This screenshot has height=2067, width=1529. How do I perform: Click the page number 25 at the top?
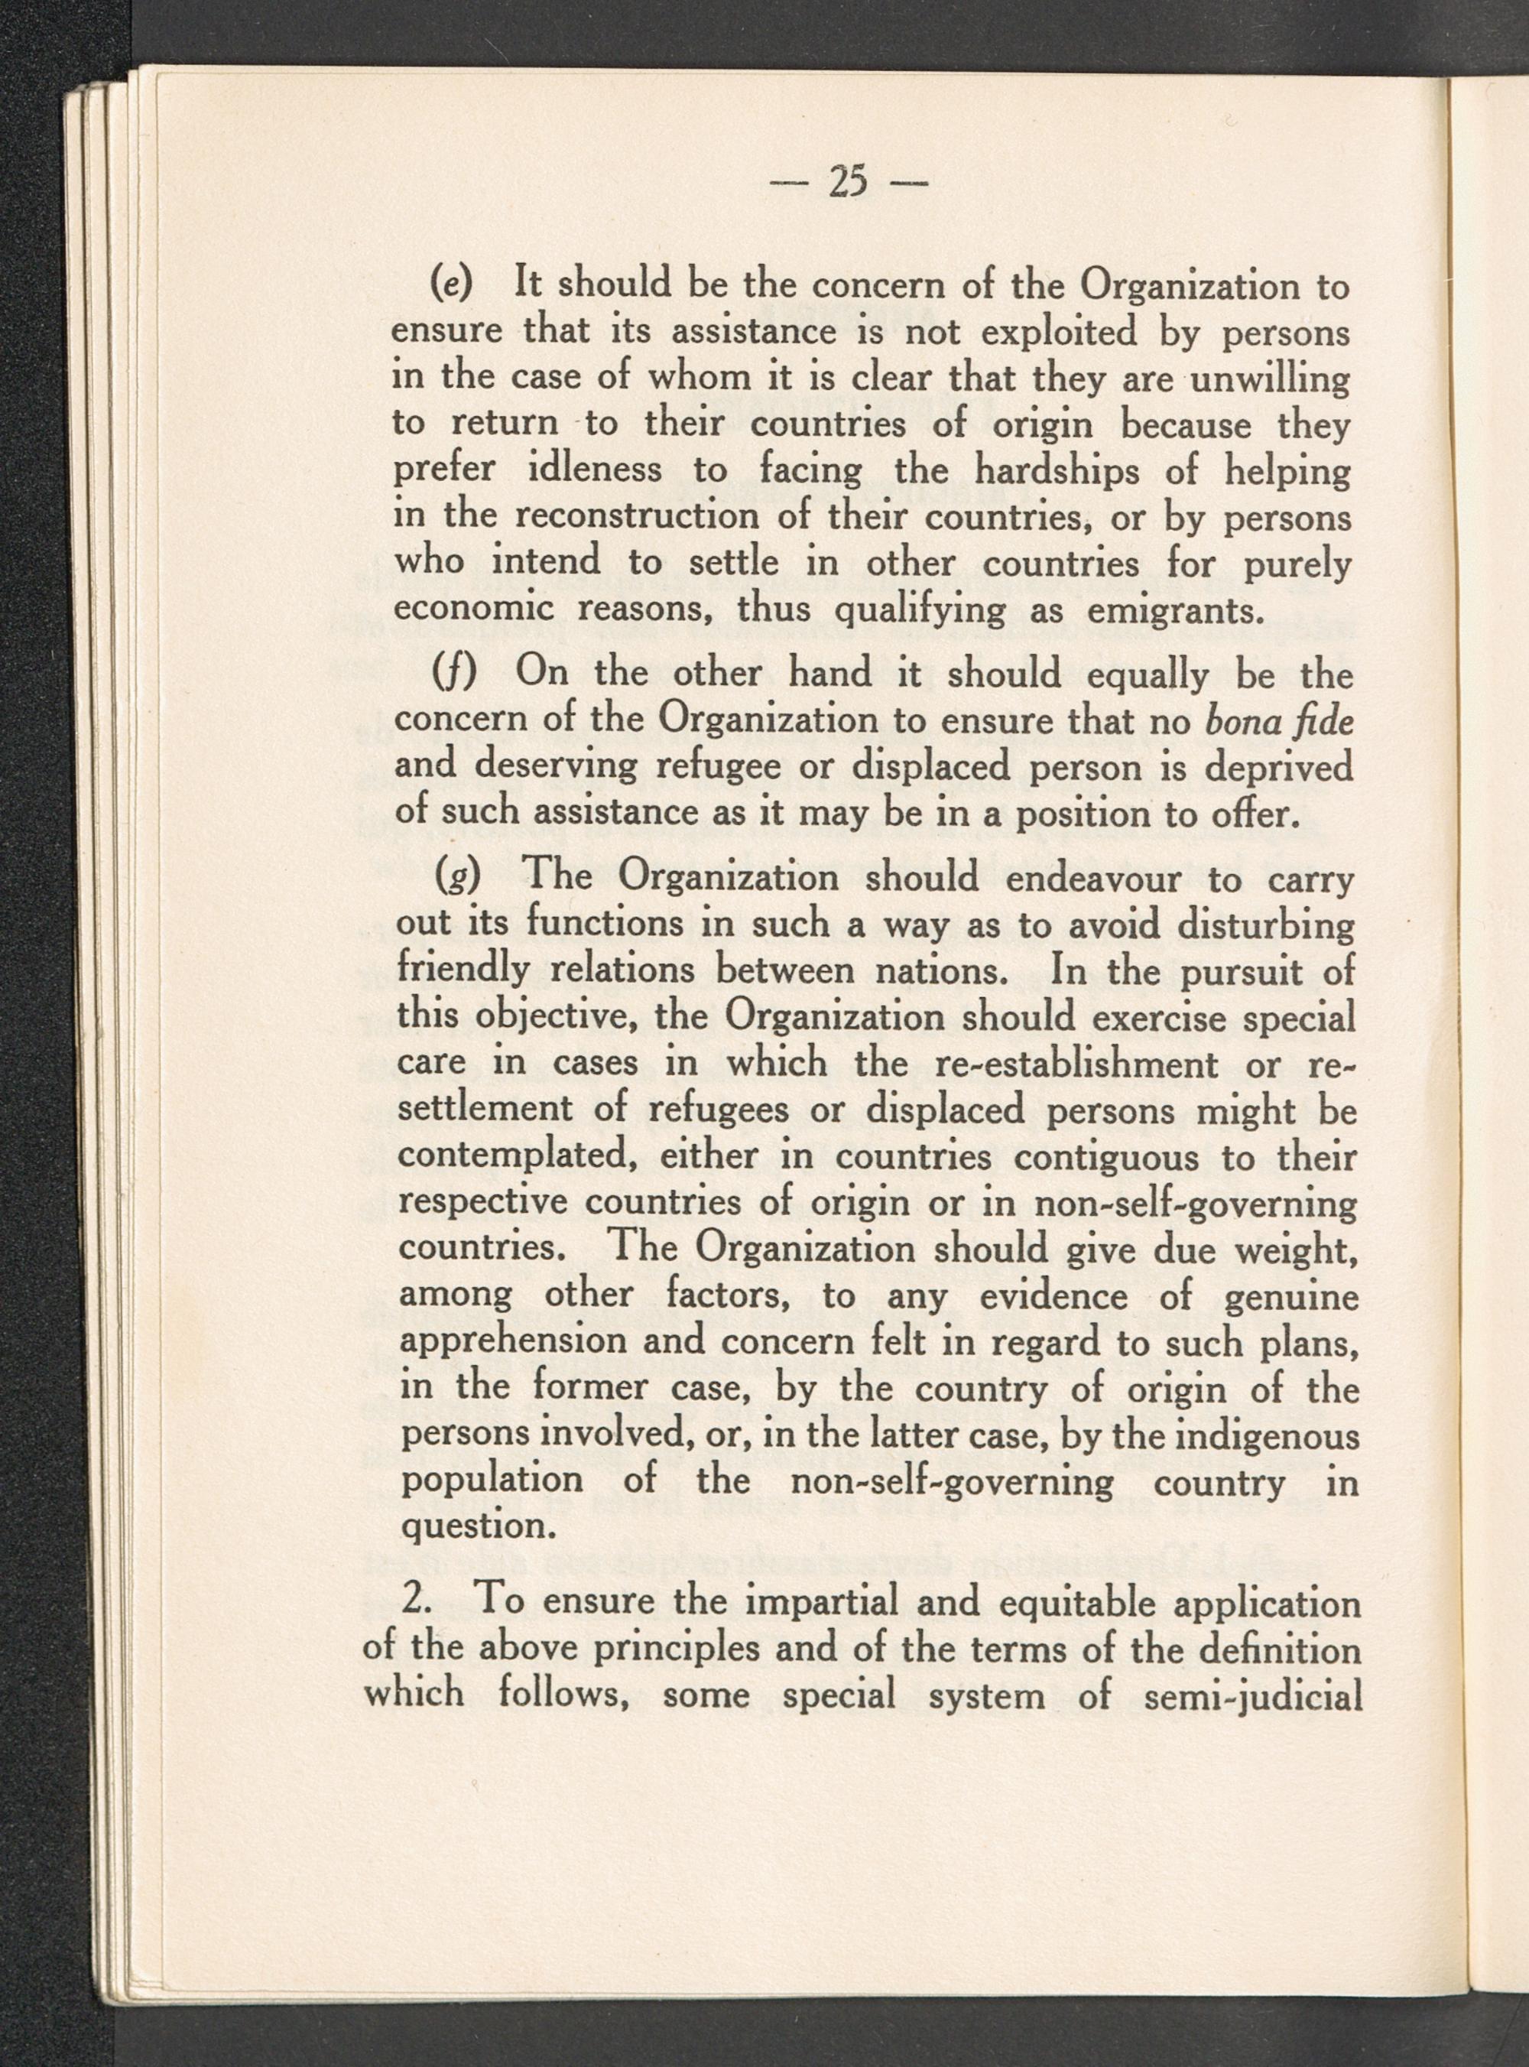[848, 182]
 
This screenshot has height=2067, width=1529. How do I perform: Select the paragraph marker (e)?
[453, 285]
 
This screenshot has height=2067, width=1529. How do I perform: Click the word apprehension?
[510, 1343]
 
